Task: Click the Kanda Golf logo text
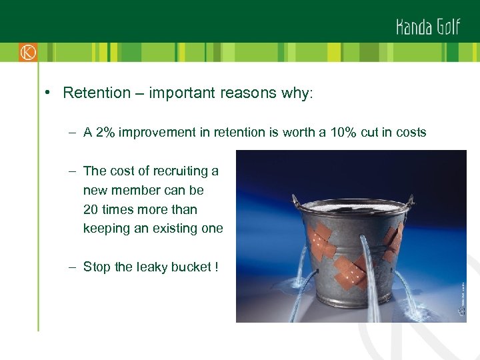pos(427,26)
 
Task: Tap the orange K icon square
pos(27,52)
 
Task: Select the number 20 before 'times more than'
pos(91,209)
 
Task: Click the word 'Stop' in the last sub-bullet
pos(97,267)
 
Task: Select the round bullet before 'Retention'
pos(50,93)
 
